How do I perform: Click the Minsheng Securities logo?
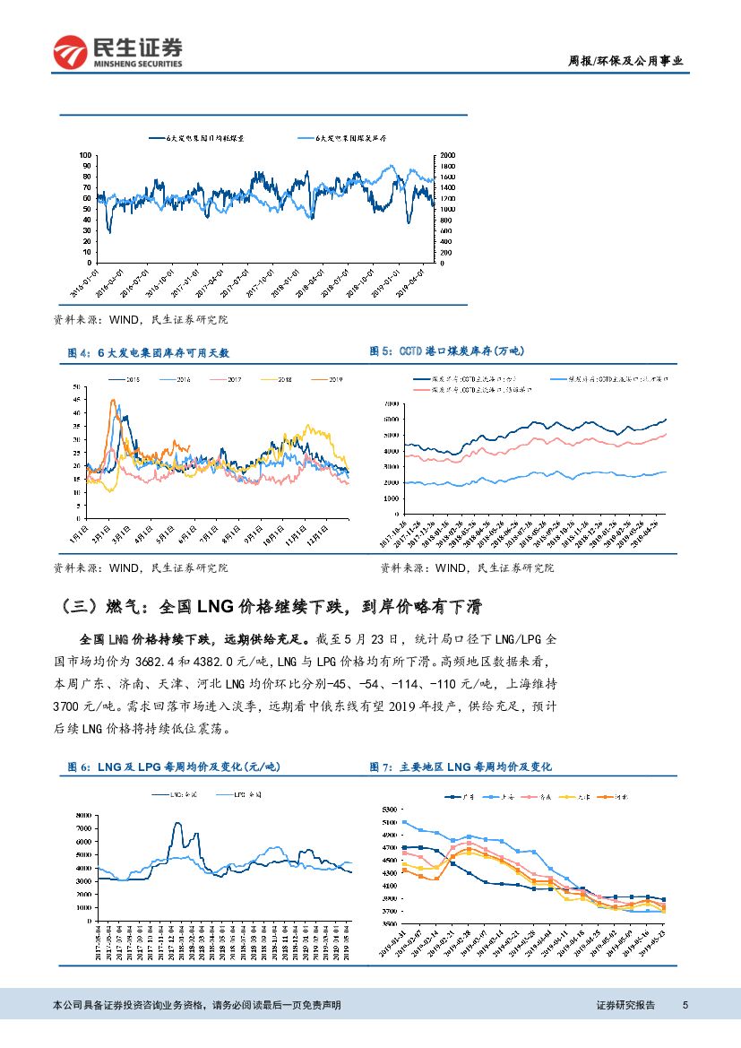(117, 52)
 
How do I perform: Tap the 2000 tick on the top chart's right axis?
(446, 155)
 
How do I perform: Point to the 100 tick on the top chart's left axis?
(86, 155)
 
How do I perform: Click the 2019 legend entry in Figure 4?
(331, 380)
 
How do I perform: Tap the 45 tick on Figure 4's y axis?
(77, 402)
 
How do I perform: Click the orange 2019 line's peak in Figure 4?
(113, 401)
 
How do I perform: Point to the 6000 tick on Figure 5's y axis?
(391, 420)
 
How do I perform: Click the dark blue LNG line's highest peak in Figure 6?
(177, 823)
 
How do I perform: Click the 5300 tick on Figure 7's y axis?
(388, 810)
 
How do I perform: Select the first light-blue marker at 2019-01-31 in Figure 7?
(404, 822)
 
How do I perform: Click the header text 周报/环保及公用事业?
(626, 61)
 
